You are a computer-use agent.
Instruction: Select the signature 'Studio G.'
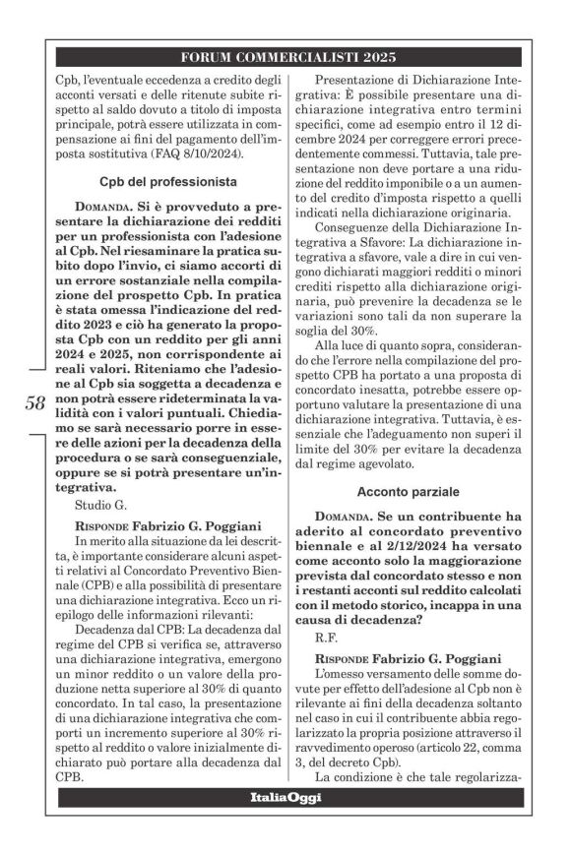[101, 505]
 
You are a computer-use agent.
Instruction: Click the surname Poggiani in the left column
[228, 523]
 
